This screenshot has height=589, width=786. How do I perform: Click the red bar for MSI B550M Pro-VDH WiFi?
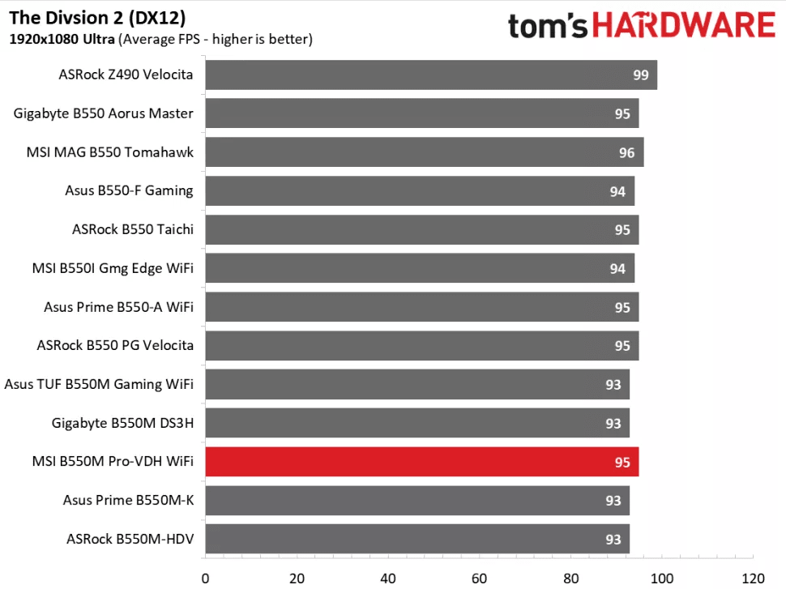click(421, 462)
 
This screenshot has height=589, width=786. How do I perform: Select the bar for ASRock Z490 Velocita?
click(430, 75)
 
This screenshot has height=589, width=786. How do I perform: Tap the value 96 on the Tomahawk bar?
click(626, 152)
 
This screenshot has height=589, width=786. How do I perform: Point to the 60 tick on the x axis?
click(479, 578)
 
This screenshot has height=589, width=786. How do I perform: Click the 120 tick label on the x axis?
click(753, 578)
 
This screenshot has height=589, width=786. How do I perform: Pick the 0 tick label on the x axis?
click(205, 578)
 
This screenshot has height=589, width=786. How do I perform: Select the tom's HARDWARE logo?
click(641, 25)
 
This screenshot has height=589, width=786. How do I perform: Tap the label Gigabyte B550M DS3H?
click(122, 423)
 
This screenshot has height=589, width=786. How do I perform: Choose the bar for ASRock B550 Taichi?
click(421, 229)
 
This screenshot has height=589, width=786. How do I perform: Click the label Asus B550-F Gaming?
click(129, 191)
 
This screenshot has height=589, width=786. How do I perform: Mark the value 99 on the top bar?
click(640, 75)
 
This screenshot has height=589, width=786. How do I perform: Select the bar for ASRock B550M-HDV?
click(416, 540)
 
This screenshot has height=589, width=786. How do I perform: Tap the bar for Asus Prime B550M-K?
click(416, 501)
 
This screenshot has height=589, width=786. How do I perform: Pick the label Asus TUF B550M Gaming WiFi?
click(99, 384)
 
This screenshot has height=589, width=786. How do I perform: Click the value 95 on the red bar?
click(622, 463)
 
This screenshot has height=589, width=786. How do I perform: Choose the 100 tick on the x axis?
click(661, 578)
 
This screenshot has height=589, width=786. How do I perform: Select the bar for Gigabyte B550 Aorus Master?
click(421, 113)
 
